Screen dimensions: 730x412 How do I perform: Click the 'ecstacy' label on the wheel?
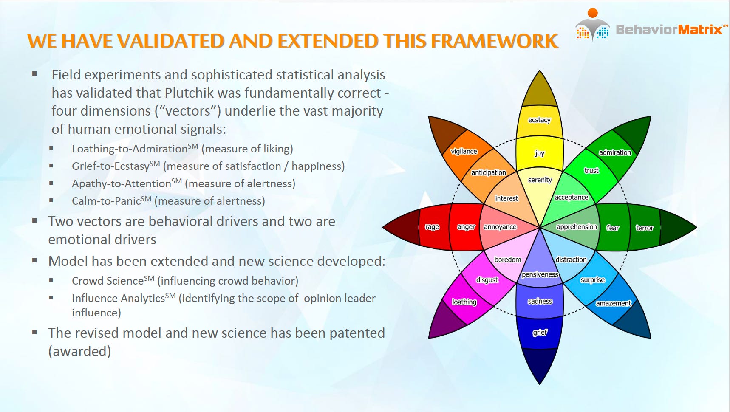click(x=539, y=120)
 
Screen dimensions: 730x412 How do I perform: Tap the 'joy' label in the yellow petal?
click(x=540, y=153)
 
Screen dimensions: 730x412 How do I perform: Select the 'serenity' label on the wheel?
click(x=540, y=180)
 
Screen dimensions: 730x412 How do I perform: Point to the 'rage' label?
click(x=432, y=227)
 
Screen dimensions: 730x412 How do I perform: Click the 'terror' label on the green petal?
click(x=645, y=228)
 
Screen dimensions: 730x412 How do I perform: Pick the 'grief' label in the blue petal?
click(x=540, y=333)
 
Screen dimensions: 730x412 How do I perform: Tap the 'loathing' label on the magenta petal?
click(x=464, y=302)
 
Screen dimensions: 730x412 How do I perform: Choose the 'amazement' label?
click(x=614, y=303)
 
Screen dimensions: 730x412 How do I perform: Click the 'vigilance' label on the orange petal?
click(x=464, y=152)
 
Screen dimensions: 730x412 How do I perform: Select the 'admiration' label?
click(x=615, y=152)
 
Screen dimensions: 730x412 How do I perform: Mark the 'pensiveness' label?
click(x=540, y=274)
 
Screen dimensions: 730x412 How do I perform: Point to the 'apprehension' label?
click(x=577, y=227)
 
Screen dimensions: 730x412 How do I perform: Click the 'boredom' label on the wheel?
click(x=508, y=260)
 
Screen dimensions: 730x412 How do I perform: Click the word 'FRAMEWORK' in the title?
click(x=495, y=41)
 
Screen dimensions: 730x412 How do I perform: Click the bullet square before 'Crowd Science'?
click(x=51, y=280)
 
